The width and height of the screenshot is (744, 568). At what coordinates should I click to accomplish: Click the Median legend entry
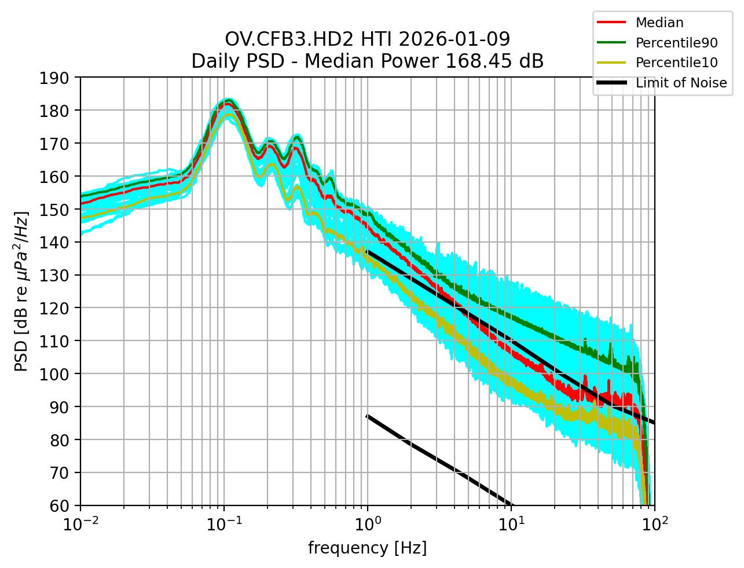[x=659, y=23]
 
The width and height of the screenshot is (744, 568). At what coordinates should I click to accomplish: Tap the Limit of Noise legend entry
[x=681, y=83]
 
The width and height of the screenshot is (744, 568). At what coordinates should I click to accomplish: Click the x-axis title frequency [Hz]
[x=367, y=548]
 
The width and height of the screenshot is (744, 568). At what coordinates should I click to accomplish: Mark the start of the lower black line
[x=367, y=416]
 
